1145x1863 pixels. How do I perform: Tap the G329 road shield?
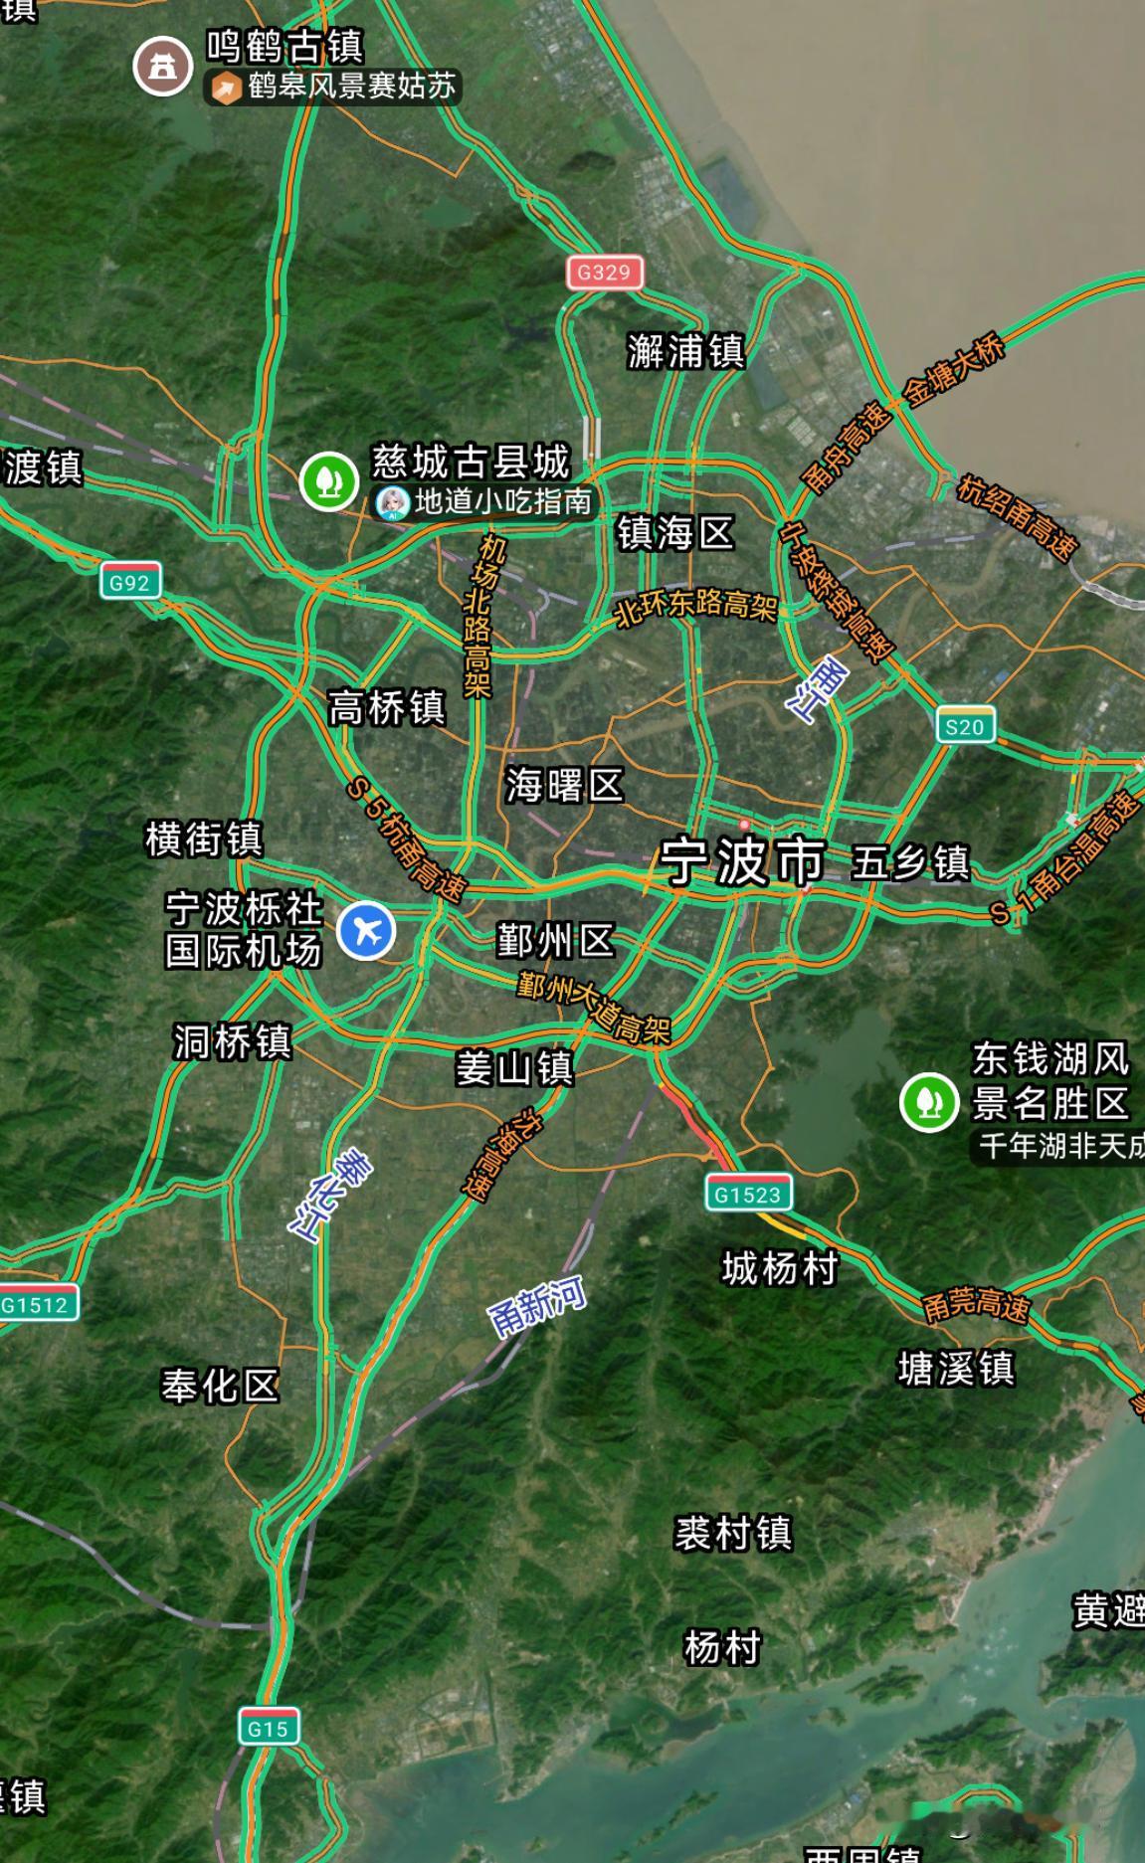click(x=605, y=273)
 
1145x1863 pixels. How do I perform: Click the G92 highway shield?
click(x=130, y=582)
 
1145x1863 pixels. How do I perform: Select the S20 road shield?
click(x=965, y=726)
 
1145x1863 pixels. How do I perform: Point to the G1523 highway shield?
click(x=748, y=1194)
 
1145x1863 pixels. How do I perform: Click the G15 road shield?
click(x=269, y=1728)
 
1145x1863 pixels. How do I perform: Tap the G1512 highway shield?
click(x=36, y=1304)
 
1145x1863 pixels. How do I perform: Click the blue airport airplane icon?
click(x=366, y=931)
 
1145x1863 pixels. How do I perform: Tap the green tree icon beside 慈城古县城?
click(x=329, y=481)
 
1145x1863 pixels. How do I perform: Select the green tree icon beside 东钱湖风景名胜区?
click(x=929, y=1101)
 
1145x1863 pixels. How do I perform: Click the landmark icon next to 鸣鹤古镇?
click(x=162, y=67)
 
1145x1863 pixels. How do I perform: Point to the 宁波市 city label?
click(x=742, y=861)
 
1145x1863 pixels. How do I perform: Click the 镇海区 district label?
click(x=675, y=533)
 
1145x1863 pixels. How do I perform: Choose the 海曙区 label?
click(x=564, y=785)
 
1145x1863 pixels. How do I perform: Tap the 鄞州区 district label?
click(x=555, y=940)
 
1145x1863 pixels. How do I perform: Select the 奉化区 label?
click(x=220, y=1386)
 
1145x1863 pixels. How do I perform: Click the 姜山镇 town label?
click(x=514, y=1068)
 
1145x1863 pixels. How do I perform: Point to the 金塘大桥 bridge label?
click(x=953, y=371)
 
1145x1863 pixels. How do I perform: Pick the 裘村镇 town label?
click(x=733, y=1533)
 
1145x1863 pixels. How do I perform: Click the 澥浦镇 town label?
click(x=685, y=351)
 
